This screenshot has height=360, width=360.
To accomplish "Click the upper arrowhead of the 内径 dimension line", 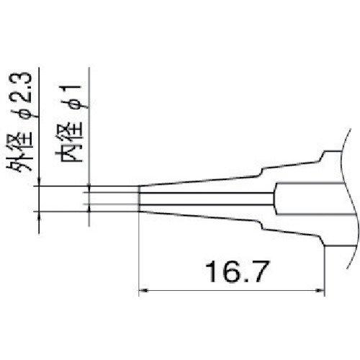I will click(88, 189).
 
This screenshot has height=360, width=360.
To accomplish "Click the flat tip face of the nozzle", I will click(139, 199).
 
